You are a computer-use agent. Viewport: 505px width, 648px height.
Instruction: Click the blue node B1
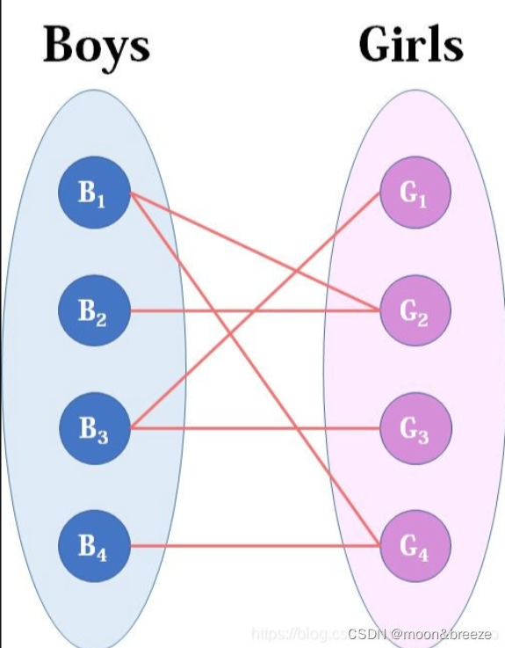(93, 194)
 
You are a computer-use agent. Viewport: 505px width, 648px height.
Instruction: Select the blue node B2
(93, 310)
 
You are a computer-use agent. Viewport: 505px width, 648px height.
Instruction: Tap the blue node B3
(94, 428)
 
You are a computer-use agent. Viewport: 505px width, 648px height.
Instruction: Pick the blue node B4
(93, 545)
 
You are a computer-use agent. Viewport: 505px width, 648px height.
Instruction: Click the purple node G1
(415, 194)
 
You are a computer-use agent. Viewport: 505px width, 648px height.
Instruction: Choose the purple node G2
(415, 310)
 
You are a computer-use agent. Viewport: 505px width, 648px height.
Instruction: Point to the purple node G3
(415, 428)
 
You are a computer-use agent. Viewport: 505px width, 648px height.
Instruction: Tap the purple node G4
(415, 545)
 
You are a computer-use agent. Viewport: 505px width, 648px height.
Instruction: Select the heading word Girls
(410, 44)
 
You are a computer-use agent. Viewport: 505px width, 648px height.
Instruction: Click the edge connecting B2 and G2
(211, 310)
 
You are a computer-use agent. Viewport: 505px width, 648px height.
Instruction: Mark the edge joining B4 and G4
(255, 545)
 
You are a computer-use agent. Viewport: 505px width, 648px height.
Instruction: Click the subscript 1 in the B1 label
(101, 200)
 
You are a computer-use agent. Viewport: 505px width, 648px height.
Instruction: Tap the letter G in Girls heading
(376, 44)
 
